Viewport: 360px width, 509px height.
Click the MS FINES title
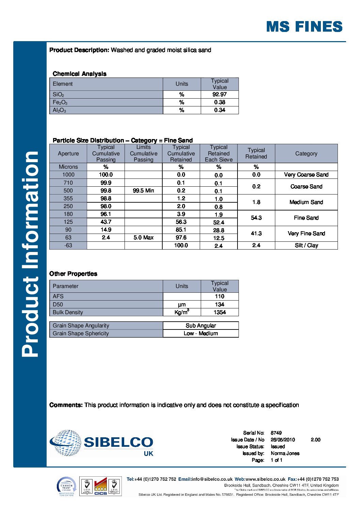click(304, 27)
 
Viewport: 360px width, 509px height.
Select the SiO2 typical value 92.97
click(219, 95)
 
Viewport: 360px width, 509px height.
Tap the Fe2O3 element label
click(60, 102)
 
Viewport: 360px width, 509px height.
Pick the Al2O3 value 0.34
click(219, 110)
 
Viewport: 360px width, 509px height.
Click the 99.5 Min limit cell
click(143, 191)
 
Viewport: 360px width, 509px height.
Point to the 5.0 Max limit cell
click(143, 238)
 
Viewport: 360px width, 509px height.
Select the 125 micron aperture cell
click(68, 222)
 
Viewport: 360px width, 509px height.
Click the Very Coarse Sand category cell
click(306, 175)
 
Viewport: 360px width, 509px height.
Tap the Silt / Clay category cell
click(306, 245)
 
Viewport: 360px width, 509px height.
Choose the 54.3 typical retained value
click(256, 218)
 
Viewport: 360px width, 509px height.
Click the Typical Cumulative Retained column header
click(181, 153)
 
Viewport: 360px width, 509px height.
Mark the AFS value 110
click(219, 296)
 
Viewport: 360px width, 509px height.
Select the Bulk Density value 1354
click(219, 312)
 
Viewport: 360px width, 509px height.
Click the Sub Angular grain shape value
click(201, 326)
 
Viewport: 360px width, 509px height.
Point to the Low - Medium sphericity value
click(201, 334)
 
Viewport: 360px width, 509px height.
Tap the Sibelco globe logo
click(66, 442)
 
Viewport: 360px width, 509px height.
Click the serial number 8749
click(276, 433)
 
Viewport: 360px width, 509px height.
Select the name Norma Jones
click(285, 453)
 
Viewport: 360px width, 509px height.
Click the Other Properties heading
click(73, 274)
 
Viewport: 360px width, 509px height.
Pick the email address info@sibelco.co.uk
click(212, 479)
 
